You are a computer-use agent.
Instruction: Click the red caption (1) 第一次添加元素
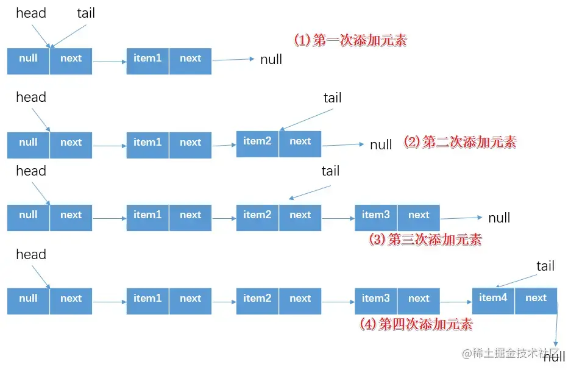(x=350, y=41)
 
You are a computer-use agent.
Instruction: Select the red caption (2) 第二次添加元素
(x=460, y=142)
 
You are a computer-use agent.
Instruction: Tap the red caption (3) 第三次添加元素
(x=425, y=240)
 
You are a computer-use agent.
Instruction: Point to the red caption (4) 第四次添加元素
(x=416, y=324)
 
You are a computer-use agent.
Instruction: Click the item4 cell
(x=493, y=298)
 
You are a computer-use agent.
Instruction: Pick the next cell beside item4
(x=536, y=298)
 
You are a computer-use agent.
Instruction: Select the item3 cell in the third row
(x=375, y=215)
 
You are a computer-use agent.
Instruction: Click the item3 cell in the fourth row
(x=375, y=299)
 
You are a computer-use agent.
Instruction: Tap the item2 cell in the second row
(x=257, y=141)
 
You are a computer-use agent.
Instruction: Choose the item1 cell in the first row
(x=147, y=59)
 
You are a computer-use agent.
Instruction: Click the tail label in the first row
(x=86, y=13)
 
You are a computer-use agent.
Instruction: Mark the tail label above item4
(x=545, y=266)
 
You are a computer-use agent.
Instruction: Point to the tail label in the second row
(x=332, y=98)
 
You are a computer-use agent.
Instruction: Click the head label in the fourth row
(x=30, y=254)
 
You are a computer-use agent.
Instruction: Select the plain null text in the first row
(x=271, y=60)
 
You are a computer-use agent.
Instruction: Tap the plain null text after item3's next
(x=499, y=218)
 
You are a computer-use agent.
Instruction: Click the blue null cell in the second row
(x=28, y=143)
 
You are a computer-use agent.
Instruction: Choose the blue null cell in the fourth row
(x=28, y=299)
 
